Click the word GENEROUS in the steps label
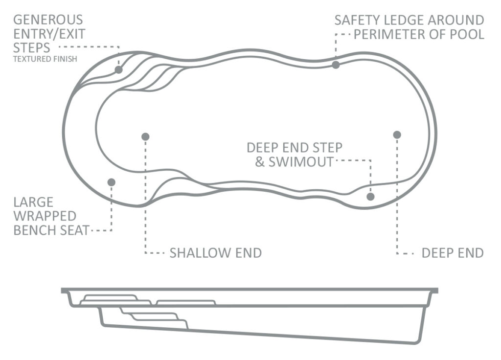click(x=48, y=20)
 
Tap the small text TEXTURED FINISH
click(x=45, y=59)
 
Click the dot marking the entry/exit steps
click(x=118, y=69)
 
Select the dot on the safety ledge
click(x=336, y=65)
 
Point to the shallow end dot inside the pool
click(x=145, y=137)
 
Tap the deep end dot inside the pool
click(x=397, y=135)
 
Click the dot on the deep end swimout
click(x=370, y=197)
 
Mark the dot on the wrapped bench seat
click(x=111, y=182)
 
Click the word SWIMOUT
click(x=301, y=162)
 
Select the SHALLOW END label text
click(x=216, y=253)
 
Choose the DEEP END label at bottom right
click(x=453, y=253)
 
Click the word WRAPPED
click(x=45, y=216)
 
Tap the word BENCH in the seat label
click(x=33, y=230)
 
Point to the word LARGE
click(x=33, y=202)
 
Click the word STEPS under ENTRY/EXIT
click(x=32, y=48)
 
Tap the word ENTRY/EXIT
click(x=49, y=34)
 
